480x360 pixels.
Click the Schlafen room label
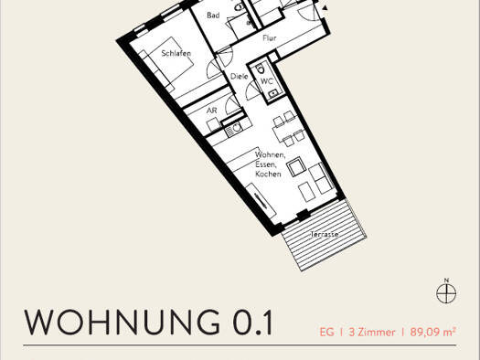(x=176, y=54)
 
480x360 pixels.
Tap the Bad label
(x=213, y=16)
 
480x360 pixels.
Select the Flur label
(x=270, y=38)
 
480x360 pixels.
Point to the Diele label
(x=239, y=76)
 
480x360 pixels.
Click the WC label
(x=267, y=81)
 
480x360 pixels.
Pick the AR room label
(x=211, y=111)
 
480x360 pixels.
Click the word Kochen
(x=268, y=174)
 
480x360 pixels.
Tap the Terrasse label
(x=325, y=234)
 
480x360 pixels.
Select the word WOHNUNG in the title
(x=123, y=322)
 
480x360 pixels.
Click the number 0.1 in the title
(x=253, y=322)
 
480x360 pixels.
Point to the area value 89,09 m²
(x=432, y=332)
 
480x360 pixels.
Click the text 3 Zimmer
(x=372, y=333)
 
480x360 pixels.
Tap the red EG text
(x=326, y=333)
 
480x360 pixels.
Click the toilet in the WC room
(x=261, y=69)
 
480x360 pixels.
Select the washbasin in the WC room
(x=272, y=93)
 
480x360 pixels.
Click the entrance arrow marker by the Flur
(x=325, y=8)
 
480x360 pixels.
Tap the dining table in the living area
(x=285, y=131)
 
